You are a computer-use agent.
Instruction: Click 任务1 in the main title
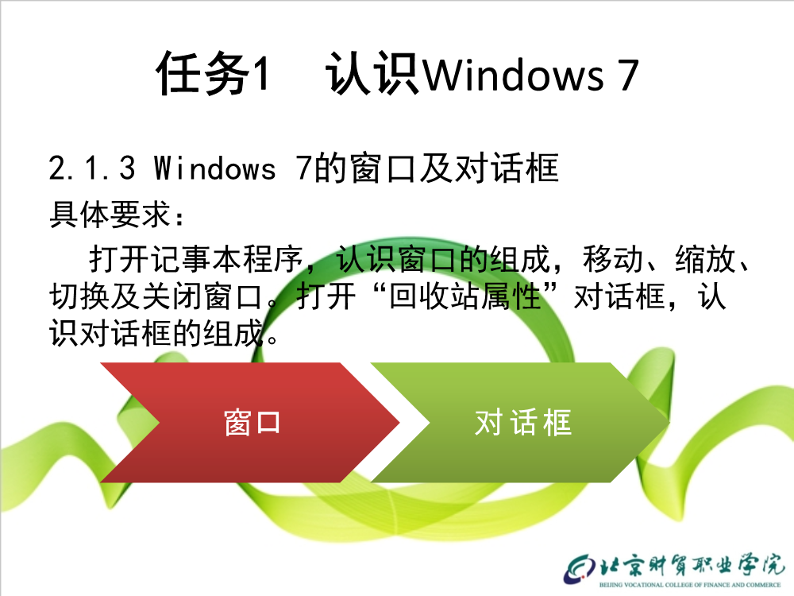click(x=212, y=74)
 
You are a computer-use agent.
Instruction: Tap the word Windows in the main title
click(x=513, y=75)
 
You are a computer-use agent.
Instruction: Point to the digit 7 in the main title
click(x=628, y=75)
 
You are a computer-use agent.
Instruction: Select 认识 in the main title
click(x=372, y=74)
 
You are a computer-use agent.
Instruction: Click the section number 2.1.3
click(x=93, y=168)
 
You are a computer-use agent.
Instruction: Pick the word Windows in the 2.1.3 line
click(x=214, y=168)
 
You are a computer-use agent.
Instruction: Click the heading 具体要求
click(x=110, y=215)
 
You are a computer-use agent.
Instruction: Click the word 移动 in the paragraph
click(x=613, y=258)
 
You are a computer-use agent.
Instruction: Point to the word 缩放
click(x=705, y=258)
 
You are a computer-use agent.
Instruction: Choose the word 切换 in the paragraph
click(x=79, y=296)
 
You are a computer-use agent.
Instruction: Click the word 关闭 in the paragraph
click(x=172, y=296)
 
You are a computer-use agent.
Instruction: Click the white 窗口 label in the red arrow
click(x=252, y=423)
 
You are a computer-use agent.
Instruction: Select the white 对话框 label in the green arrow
click(x=523, y=423)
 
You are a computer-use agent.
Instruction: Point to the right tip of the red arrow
click(x=399, y=422)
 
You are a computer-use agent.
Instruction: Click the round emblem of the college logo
click(x=580, y=570)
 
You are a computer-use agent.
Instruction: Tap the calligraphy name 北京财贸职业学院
click(x=692, y=564)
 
